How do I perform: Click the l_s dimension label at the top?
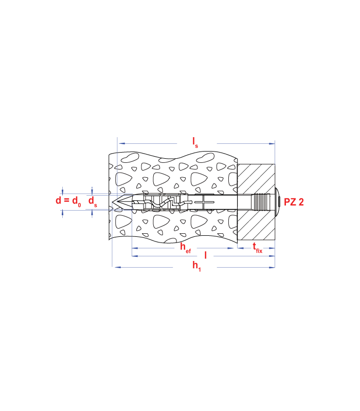195,142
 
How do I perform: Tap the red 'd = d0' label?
68,201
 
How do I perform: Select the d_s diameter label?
93,201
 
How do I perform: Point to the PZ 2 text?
294,202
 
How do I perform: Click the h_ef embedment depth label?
185,248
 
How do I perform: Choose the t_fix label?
257,249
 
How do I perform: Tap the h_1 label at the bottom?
197,266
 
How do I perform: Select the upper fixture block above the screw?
256,178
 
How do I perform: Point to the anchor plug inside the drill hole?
159,202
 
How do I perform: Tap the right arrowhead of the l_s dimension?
273,143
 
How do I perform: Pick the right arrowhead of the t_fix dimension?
273,248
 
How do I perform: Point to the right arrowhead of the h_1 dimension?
273,267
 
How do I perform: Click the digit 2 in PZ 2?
300,202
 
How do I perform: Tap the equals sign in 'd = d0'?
66,201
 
